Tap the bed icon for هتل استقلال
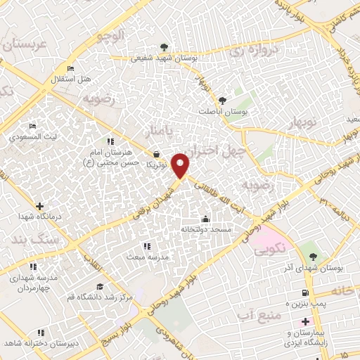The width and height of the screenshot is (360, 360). (70, 68)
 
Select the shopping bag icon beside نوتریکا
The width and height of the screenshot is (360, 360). (156, 155)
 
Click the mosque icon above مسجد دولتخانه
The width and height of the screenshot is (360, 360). (205, 219)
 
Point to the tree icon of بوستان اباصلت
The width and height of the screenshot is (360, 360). (223, 100)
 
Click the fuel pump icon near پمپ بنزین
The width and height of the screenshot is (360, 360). (304, 292)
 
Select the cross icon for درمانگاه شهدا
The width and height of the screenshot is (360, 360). (39, 207)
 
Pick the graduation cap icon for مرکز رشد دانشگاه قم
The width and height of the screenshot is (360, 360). (100, 286)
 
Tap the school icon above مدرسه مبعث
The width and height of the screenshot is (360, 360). (146, 246)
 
